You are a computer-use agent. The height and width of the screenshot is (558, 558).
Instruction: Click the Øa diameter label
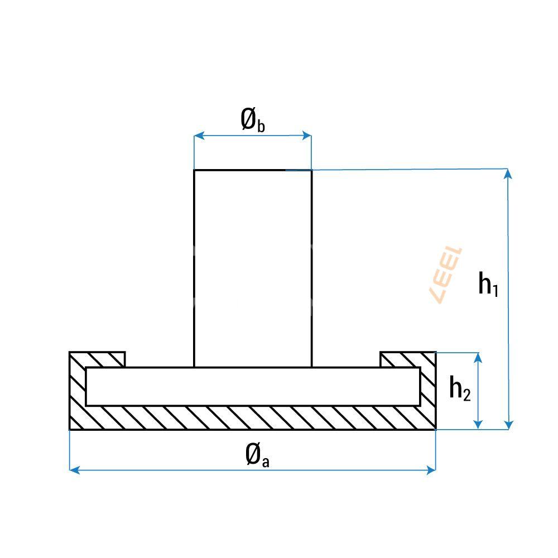tap(257, 455)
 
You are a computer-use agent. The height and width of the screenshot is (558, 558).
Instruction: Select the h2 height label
tap(460, 388)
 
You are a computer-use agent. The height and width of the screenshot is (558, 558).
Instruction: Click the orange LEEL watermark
tap(447, 275)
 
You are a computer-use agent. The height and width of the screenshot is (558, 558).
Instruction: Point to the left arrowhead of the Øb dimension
tap(199, 136)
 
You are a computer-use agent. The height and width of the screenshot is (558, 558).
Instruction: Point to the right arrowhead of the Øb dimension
tap(307, 136)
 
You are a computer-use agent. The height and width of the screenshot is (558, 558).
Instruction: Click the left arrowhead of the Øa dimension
tap(75, 470)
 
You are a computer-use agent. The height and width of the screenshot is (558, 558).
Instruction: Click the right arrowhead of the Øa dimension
tap(431, 470)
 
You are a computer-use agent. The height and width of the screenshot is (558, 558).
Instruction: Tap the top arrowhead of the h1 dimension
tap(508, 174)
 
